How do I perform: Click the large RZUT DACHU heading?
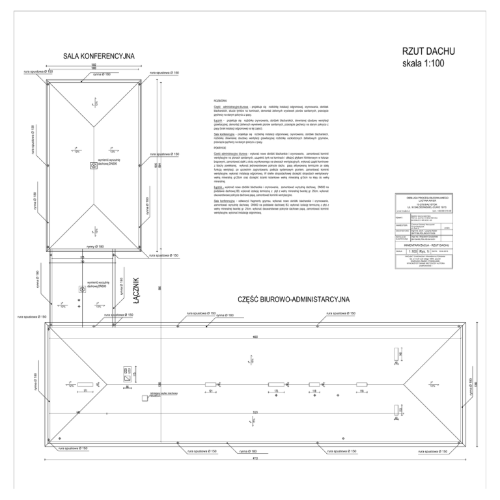[429, 52]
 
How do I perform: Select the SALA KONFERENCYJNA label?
[99, 57]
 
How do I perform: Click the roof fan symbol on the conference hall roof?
[92, 166]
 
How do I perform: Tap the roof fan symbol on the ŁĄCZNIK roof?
[81, 290]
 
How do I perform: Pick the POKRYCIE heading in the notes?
[219, 148]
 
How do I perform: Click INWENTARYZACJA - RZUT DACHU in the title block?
[424, 244]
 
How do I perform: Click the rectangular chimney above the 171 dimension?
[86, 384]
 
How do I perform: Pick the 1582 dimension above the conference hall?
[94, 65]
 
